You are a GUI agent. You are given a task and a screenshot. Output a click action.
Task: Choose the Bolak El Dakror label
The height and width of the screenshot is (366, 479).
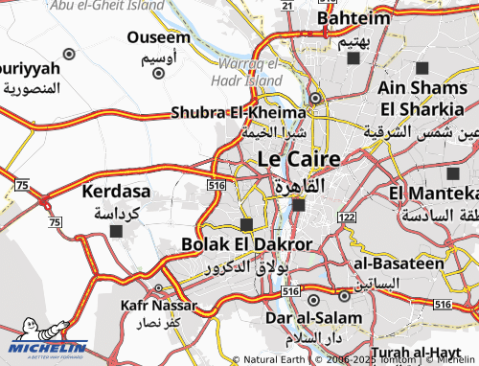[x=247, y=244]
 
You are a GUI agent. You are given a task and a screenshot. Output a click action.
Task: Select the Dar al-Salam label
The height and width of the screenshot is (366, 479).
[x=310, y=316]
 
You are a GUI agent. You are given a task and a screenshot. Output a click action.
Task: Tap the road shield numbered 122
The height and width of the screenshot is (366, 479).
[x=346, y=218]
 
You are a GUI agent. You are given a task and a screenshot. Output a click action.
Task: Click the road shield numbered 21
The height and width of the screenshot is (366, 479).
[x=285, y=5]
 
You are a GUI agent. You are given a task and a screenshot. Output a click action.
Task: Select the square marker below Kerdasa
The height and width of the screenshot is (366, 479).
[x=117, y=231]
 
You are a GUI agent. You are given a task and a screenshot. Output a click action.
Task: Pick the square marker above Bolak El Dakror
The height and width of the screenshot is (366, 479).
[x=246, y=224]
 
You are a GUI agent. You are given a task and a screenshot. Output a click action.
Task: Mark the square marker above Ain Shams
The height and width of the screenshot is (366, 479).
[x=422, y=68]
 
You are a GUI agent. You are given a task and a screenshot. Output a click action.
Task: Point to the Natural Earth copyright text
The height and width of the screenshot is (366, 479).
[x=277, y=359]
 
